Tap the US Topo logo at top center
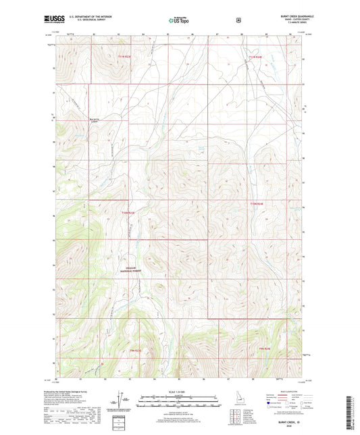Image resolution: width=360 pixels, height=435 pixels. coord(179,21)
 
